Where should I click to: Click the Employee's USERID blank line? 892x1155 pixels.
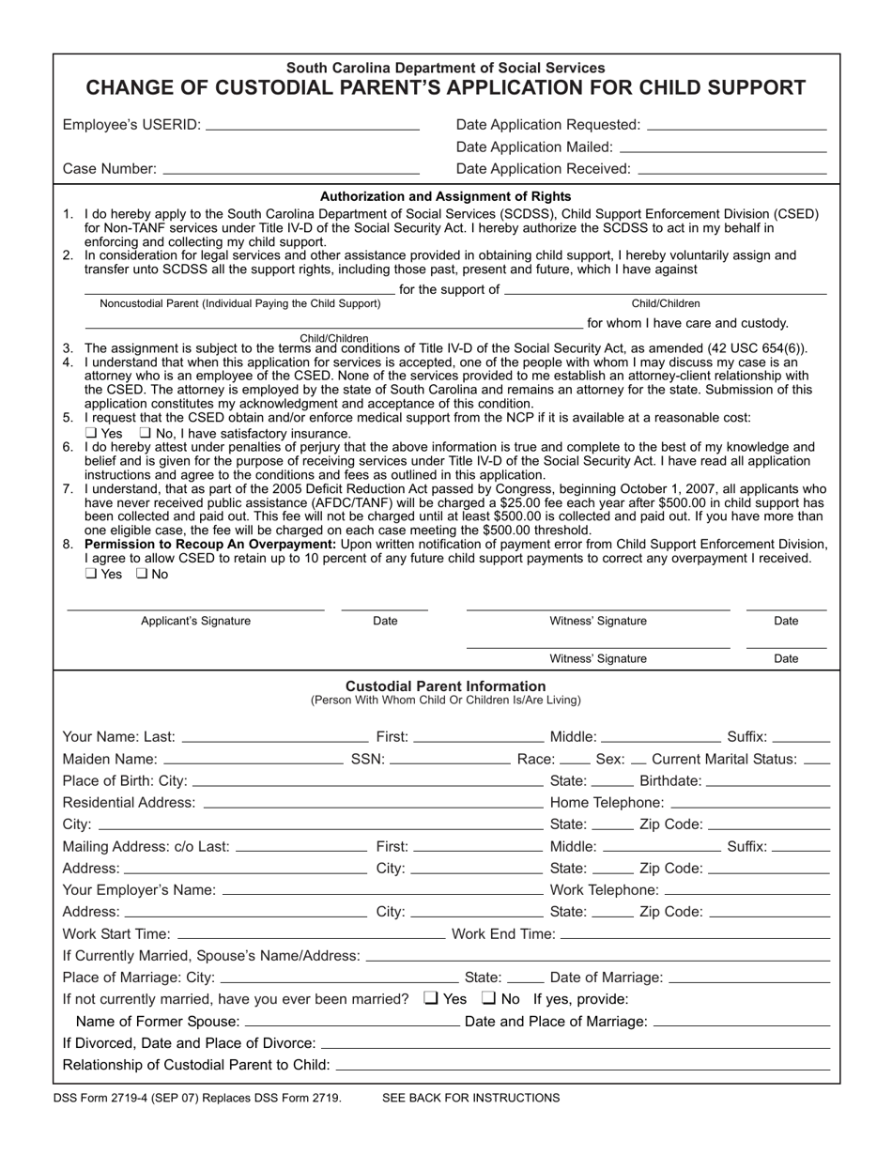312,125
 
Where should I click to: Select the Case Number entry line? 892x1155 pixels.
291,169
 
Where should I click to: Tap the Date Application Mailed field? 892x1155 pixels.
723,147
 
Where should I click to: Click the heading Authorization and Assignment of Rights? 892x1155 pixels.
446,196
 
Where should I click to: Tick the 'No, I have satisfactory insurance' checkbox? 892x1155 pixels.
145,433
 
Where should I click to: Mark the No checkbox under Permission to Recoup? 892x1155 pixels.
143,574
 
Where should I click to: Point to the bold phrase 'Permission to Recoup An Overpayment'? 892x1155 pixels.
210,544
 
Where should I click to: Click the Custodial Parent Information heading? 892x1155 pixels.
446,686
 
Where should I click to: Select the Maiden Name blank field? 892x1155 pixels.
253,759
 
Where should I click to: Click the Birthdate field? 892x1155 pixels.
767,781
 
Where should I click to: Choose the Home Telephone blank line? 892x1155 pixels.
751,803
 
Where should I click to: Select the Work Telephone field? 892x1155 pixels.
747,890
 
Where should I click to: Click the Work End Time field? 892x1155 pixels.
695,934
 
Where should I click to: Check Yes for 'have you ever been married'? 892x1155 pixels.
432,998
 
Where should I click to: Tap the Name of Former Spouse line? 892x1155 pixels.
352,1022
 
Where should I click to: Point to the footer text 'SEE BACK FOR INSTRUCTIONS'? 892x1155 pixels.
471,1098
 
